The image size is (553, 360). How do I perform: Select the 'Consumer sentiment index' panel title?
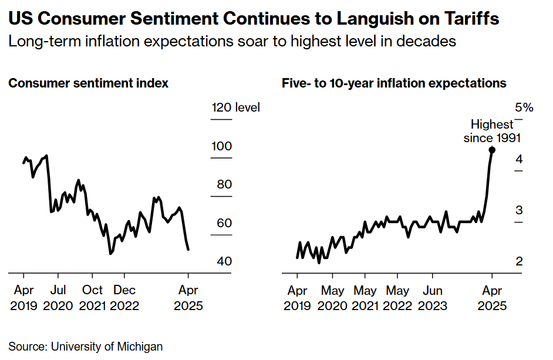click(x=89, y=83)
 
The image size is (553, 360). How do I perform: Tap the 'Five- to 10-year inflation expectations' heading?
click(x=394, y=83)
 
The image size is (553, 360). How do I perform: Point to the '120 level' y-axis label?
click(x=235, y=107)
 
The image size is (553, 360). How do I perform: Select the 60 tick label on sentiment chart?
click(x=224, y=223)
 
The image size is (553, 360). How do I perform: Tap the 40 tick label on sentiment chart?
click(x=224, y=261)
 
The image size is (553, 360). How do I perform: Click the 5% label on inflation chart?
click(x=524, y=107)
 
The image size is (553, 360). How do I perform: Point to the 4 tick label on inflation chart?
click(x=519, y=159)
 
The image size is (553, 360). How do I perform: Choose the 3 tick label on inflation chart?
click(x=519, y=210)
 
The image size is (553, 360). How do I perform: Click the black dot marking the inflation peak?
click(x=492, y=150)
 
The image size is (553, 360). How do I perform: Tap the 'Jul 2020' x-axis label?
click(x=58, y=298)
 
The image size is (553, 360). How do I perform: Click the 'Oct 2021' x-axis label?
click(x=92, y=298)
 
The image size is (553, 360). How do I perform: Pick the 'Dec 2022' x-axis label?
click(x=124, y=298)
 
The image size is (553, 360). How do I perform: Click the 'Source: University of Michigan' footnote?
click(x=86, y=346)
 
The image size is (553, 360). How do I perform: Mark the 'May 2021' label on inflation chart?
click(x=365, y=298)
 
